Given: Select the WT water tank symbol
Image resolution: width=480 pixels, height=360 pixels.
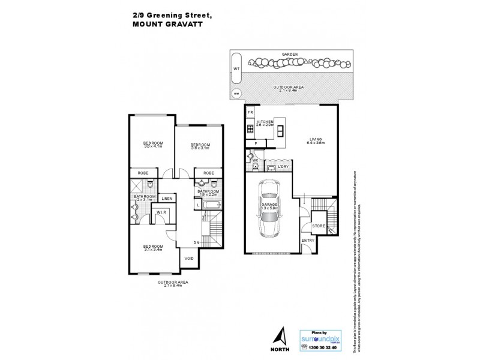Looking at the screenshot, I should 236,69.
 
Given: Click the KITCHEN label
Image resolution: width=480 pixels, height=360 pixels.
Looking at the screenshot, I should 265,122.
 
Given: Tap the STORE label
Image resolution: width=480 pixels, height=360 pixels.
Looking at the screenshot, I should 319,226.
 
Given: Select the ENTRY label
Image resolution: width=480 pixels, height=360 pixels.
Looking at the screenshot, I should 308,241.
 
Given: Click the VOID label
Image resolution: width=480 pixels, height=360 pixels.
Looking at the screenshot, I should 189,259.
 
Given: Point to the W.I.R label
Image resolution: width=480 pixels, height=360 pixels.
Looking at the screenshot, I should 161,212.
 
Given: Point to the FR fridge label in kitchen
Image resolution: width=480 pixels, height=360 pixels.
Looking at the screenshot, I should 250,112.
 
